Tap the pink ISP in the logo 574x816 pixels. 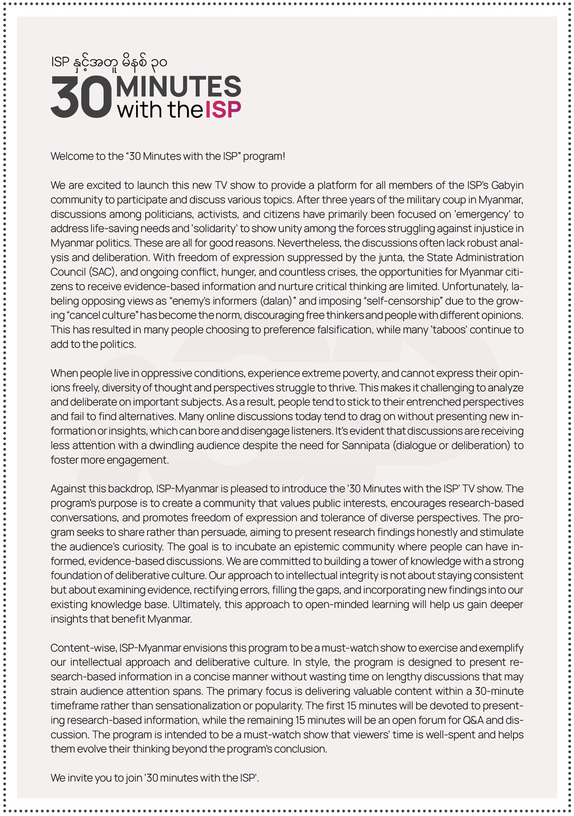[x=223, y=110]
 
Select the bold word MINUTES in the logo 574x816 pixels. [x=178, y=86]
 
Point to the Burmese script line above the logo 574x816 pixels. [x=109, y=63]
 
